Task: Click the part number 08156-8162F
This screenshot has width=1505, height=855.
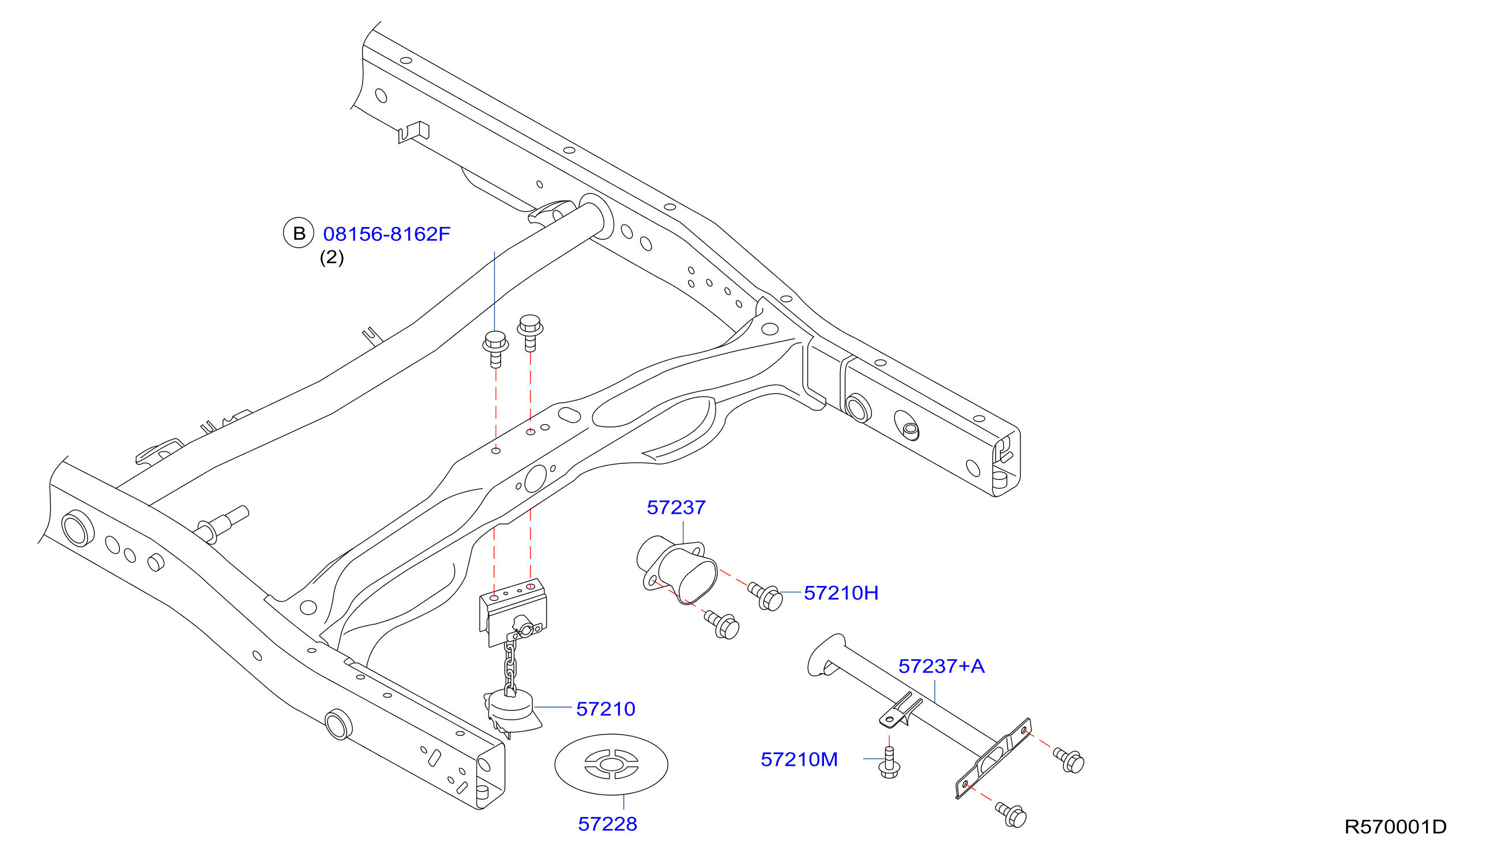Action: pos(387,234)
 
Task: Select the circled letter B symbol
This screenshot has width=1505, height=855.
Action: pos(299,233)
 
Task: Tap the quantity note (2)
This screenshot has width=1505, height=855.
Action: pos(332,257)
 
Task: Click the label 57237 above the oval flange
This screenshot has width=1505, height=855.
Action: pos(676,508)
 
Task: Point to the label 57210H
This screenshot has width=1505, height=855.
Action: pos(841,593)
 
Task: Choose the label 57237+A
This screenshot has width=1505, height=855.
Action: pos(942,667)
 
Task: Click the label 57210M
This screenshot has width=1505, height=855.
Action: pos(799,759)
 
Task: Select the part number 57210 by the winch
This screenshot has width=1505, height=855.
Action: pos(605,709)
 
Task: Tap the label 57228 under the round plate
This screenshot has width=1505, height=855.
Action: pos(608,824)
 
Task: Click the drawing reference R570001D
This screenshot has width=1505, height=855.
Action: pos(1395,827)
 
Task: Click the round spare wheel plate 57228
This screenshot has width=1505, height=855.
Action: pos(611,764)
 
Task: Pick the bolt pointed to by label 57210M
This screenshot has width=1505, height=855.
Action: pos(889,763)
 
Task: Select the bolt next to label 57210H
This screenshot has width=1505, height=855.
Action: pos(765,596)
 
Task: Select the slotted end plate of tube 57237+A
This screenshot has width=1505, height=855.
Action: pos(993,758)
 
